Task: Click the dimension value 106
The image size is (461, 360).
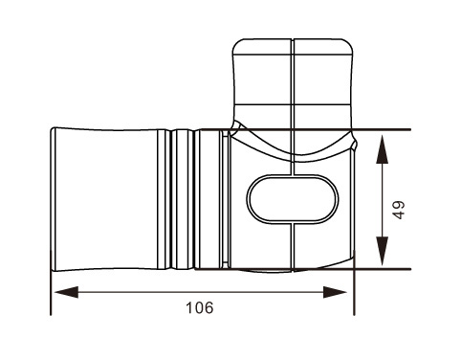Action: tap(200, 308)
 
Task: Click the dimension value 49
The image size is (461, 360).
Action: tap(399, 210)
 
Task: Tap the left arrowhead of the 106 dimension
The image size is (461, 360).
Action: tap(66, 292)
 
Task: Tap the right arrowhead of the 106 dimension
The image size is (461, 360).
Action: tap(335, 292)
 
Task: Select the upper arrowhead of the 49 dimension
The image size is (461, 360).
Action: tap(383, 149)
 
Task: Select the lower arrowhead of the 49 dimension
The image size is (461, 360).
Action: tap(383, 251)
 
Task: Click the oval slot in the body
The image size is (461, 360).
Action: tap(293, 199)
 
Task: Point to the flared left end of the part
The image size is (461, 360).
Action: tap(54, 199)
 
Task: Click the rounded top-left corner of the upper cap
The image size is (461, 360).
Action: tap(238, 44)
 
